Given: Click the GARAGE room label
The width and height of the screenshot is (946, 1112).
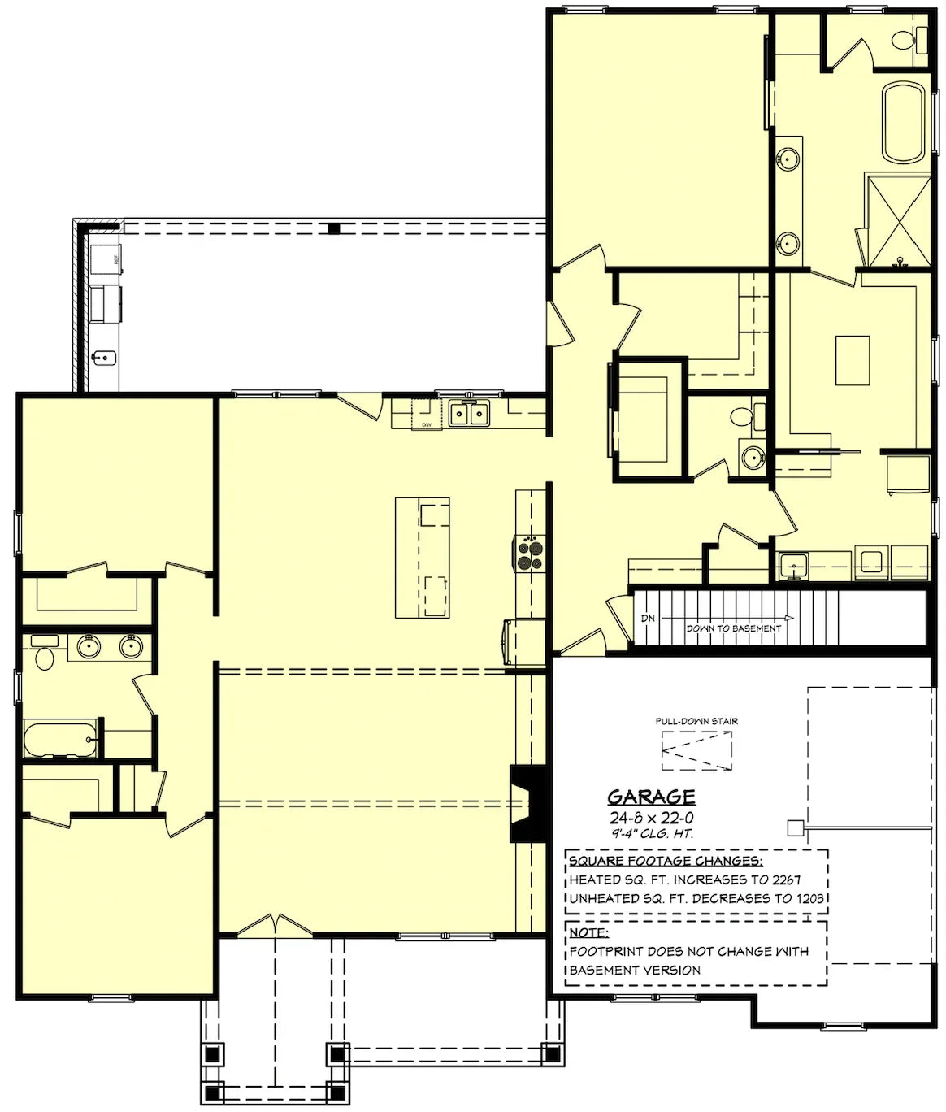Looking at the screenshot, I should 651,797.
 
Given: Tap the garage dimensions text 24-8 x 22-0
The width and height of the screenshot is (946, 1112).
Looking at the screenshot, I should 651,818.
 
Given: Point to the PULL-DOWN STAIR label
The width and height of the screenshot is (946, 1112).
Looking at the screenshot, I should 696,721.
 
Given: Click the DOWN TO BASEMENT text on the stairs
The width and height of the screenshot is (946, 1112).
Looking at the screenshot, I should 733,628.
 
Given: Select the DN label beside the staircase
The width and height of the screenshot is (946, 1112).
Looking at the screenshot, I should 648,619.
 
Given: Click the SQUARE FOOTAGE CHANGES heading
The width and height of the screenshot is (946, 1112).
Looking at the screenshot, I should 665,861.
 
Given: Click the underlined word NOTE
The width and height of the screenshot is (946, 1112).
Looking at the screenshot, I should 588,932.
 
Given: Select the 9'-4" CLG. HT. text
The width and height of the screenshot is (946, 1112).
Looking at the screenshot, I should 651,833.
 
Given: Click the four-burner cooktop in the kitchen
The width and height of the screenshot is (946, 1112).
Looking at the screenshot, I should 529,554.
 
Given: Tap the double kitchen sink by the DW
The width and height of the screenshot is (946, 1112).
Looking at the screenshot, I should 470,415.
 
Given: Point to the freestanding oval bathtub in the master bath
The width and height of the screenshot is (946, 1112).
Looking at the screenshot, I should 904,121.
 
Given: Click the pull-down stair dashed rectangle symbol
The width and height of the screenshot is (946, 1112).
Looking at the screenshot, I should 696,750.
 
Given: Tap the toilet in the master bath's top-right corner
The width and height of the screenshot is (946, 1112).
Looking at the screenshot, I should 904,39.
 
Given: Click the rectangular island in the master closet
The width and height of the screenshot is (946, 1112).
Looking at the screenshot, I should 852,360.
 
